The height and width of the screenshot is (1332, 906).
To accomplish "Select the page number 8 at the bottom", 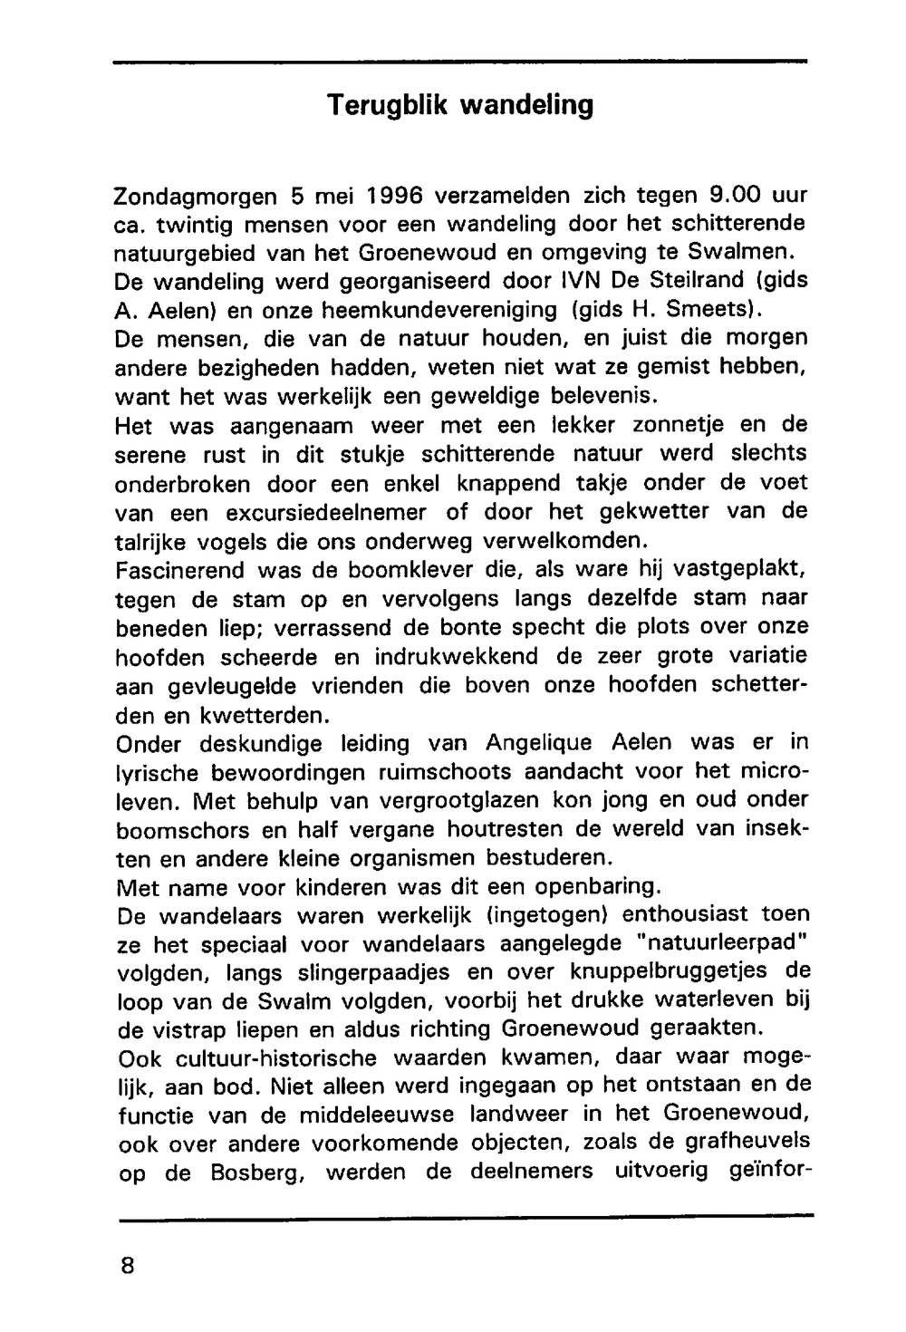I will pos(127,1265).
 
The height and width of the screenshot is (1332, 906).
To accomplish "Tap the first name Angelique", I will pos(538,743).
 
